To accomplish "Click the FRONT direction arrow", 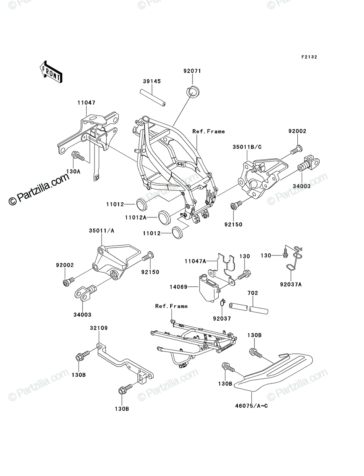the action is [x=51, y=72].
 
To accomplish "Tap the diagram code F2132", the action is [x=309, y=57].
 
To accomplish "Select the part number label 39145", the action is [x=152, y=81].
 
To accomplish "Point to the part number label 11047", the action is [x=87, y=103].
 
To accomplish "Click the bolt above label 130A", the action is [x=77, y=155].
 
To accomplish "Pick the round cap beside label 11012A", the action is [x=164, y=217].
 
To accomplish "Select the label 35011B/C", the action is [x=247, y=147].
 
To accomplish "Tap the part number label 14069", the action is [x=178, y=287].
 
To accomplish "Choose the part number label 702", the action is [x=253, y=293].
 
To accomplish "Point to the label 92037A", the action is [x=291, y=284].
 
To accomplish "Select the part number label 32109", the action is [x=99, y=328].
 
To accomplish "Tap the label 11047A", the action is [x=195, y=261].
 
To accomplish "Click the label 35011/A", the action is [x=102, y=231].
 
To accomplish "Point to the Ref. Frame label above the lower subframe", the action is [x=171, y=306].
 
